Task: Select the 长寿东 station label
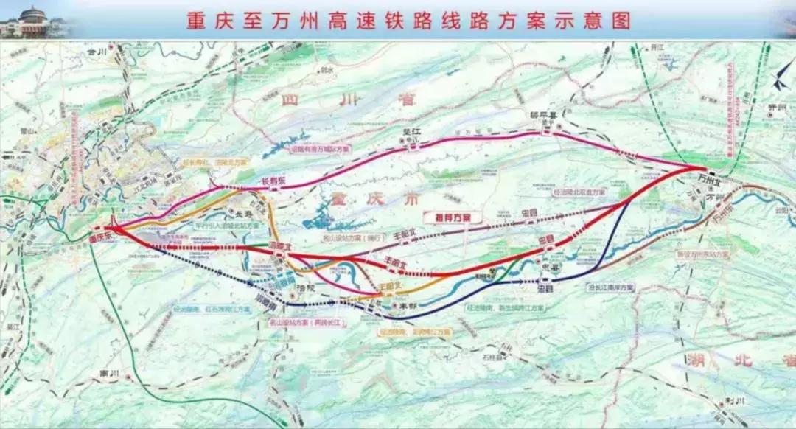[x=274, y=180]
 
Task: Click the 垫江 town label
[x=410, y=133]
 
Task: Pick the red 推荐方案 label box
[x=452, y=217]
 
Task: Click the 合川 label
[x=97, y=53]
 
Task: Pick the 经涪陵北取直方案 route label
[x=579, y=192]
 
